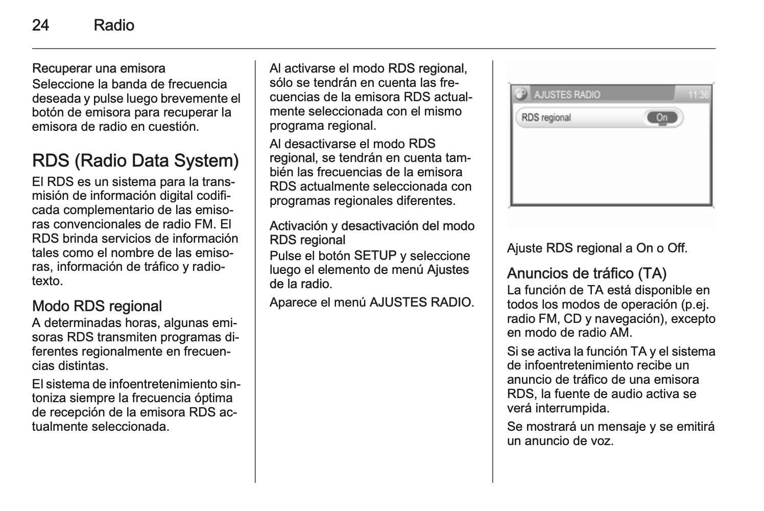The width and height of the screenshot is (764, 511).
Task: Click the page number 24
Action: point(40,26)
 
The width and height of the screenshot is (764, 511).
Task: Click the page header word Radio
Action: point(114,26)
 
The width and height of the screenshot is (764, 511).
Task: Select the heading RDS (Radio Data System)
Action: point(135,161)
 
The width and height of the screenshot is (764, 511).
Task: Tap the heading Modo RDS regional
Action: point(97,306)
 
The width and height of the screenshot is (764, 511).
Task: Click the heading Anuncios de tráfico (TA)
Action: point(587,273)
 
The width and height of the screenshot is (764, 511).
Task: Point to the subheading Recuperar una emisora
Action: point(99,68)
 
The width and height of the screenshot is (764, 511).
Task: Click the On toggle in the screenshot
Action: point(662,118)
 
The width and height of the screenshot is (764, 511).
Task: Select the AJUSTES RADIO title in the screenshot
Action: point(567,95)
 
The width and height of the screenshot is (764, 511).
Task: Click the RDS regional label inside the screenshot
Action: point(546,118)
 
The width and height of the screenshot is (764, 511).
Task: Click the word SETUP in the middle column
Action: point(375,255)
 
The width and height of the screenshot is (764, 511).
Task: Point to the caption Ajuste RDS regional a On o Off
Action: point(597,249)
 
